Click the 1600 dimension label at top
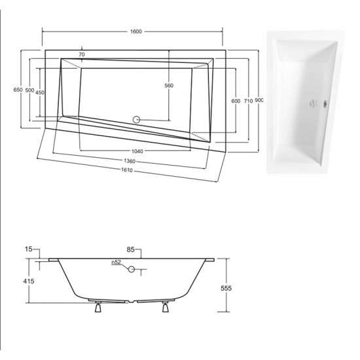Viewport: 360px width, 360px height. [136, 31]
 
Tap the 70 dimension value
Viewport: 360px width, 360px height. [82, 54]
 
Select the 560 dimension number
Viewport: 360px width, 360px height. [169, 85]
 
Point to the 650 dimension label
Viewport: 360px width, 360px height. [18, 90]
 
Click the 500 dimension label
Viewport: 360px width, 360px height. [29, 90]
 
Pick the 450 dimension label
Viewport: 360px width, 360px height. [40, 92]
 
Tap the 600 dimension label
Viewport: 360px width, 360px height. [236, 101]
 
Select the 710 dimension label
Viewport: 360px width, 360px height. [248, 101]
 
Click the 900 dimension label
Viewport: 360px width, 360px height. [259, 100]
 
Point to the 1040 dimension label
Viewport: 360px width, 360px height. [137, 151]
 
